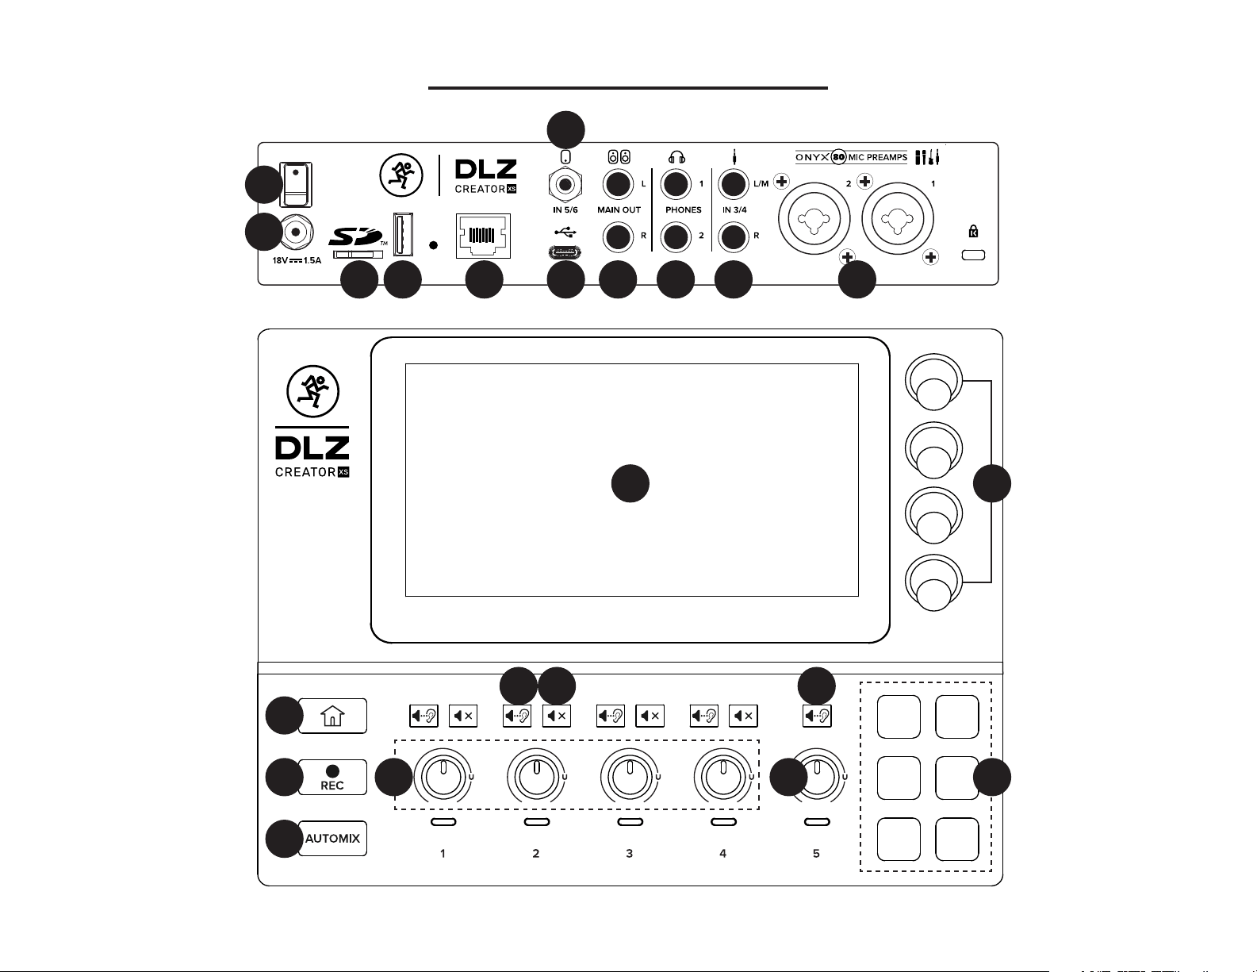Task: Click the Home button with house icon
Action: [333, 716]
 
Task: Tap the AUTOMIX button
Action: [333, 838]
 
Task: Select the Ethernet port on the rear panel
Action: [483, 236]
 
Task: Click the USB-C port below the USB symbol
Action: [565, 253]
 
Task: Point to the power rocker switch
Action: [297, 183]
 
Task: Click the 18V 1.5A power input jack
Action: [296, 232]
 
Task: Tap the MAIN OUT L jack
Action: [617, 185]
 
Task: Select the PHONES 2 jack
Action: [676, 236]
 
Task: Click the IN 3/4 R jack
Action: [734, 236]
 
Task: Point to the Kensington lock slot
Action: [973, 255]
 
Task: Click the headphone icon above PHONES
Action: [676, 157]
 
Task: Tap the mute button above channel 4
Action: [743, 717]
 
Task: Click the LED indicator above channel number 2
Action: [537, 822]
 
